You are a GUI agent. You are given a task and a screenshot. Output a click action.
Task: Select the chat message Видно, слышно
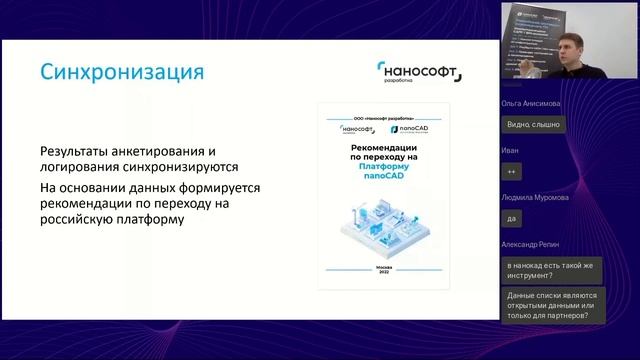[534, 124]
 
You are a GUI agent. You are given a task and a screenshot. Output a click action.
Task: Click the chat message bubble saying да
[513, 218]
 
